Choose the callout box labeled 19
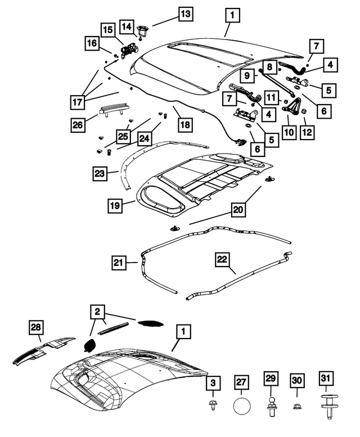coord(114,206)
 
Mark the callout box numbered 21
coord(118,262)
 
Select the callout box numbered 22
coord(222,259)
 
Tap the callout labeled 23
coord(100,174)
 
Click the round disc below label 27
coord(241,406)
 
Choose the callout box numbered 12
coord(307,132)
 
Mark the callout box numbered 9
coord(246,74)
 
